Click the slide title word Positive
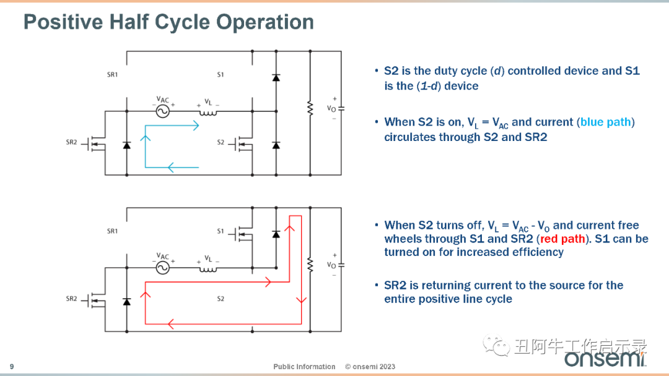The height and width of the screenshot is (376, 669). click(x=63, y=22)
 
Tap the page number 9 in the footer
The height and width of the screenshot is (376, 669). click(x=12, y=367)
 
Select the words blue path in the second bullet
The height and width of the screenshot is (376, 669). click(x=605, y=122)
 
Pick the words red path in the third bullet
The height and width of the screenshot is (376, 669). click(x=562, y=239)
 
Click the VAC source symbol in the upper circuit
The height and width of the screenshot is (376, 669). click(x=162, y=111)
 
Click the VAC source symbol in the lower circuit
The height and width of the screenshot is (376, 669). click(x=162, y=267)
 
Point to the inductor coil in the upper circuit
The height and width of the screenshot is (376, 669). click(x=208, y=113)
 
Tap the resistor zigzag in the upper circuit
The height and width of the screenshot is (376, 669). click(x=310, y=109)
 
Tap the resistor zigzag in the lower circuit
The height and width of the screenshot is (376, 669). click(x=310, y=265)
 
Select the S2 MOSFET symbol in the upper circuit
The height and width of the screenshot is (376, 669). click(x=241, y=145)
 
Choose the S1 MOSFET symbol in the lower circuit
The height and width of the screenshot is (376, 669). click(x=241, y=234)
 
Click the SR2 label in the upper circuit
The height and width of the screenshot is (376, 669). click(x=71, y=142)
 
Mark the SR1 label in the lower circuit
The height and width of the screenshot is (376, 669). click(x=112, y=231)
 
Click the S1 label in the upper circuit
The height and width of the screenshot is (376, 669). click(x=220, y=74)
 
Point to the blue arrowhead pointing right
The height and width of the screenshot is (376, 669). click(x=196, y=125)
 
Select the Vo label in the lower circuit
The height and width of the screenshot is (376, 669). click(x=331, y=265)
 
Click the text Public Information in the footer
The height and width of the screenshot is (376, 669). click(x=304, y=367)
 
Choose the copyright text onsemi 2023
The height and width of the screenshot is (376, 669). click(x=370, y=367)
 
